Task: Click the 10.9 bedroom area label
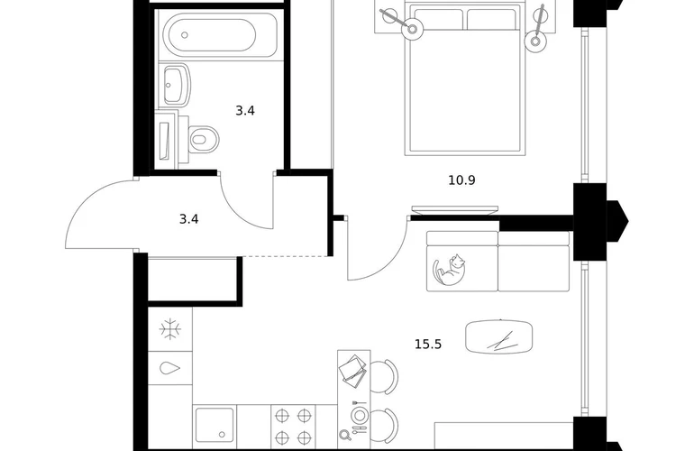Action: point(461,180)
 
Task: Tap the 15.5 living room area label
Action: point(428,345)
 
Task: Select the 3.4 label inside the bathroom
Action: point(245,111)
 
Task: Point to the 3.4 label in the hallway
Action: point(188,219)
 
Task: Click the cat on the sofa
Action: point(449,270)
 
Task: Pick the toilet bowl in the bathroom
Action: point(200,139)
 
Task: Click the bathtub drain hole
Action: point(185,35)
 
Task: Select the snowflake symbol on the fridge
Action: point(170,329)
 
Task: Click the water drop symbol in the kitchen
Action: point(170,368)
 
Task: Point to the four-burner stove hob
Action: point(293,427)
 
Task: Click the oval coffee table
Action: point(498,337)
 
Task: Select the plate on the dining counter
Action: point(360,416)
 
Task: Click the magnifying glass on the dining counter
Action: point(344,435)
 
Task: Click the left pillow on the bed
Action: point(438,20)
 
